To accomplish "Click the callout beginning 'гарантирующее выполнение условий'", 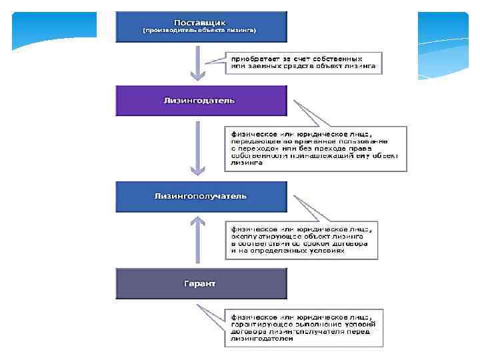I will point(303,327).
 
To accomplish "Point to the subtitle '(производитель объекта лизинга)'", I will point(201,31).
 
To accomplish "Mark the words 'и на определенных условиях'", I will point(288,251).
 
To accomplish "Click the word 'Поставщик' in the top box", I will point(201,21).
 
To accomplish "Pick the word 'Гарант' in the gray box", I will point(201,283).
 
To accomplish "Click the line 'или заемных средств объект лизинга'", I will point(303,67).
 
